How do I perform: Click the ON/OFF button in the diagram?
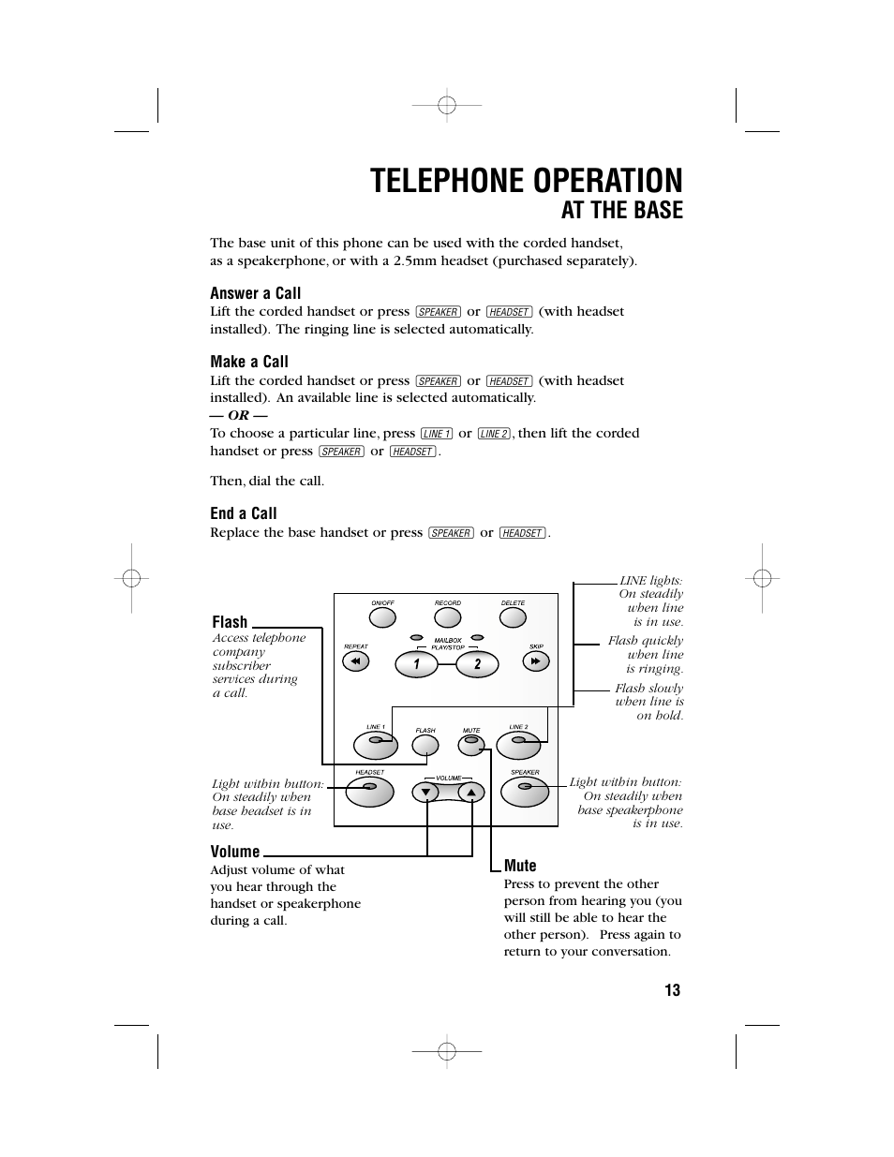pos(382,617)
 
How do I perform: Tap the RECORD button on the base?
pos(448,617)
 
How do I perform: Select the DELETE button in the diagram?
pos(513,617)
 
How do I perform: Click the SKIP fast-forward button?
pos(536,661)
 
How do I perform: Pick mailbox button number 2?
pos(477,664)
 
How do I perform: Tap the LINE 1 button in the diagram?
pos(376,745)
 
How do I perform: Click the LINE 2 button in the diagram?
pos(518,745)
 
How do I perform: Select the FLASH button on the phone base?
pos(426,746)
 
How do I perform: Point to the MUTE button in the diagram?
pos(470,746)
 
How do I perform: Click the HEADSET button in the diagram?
pos(369,792)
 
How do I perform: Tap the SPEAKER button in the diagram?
pos(525,792)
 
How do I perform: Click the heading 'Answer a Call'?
pos(255,293)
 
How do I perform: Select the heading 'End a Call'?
pos(244,513)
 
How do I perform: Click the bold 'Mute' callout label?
pos(520,866)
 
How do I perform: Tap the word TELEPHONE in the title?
pos(449,181)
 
